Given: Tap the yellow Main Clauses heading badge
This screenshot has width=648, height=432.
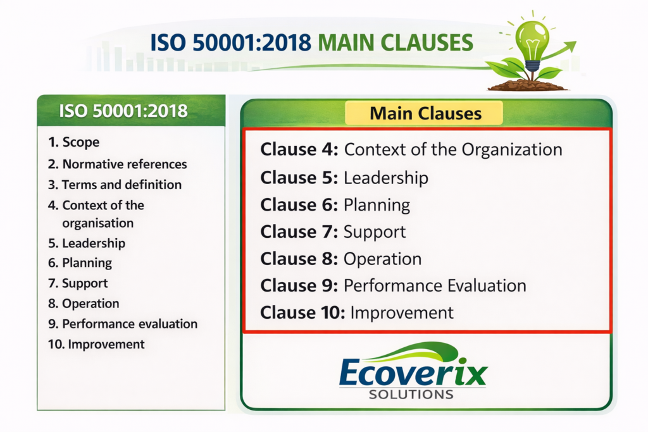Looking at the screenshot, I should (x=425, y=113).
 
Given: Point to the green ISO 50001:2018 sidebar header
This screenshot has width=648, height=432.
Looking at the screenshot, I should (x=130, y=111).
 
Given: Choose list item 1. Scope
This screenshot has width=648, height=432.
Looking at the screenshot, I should (x=74, y=143).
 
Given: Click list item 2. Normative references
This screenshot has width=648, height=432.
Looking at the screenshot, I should (x=118, y=164).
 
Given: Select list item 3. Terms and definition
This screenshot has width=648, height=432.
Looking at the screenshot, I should (x=115, y=185).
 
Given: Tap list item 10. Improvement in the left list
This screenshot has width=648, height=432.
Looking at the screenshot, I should (x=96, y=344).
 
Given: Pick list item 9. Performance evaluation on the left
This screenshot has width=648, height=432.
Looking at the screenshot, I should (x=122, y=324).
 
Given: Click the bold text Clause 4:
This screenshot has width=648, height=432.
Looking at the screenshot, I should (x=299, y=150).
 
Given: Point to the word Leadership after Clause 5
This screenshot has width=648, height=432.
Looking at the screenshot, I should (x=385, y=178).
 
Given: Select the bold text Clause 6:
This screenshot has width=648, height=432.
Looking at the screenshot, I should (x=299, y=205).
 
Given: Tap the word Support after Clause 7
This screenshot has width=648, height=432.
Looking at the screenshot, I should (x=375, y=232).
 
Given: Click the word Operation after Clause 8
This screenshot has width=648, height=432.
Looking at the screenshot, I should (x=382, y=259).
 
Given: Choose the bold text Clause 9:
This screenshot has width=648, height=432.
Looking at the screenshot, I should (x=299, y=286).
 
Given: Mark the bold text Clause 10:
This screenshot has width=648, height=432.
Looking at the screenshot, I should (x=302, y=312).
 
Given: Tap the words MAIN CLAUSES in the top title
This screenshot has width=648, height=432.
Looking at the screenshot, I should (x=396, y=43).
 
